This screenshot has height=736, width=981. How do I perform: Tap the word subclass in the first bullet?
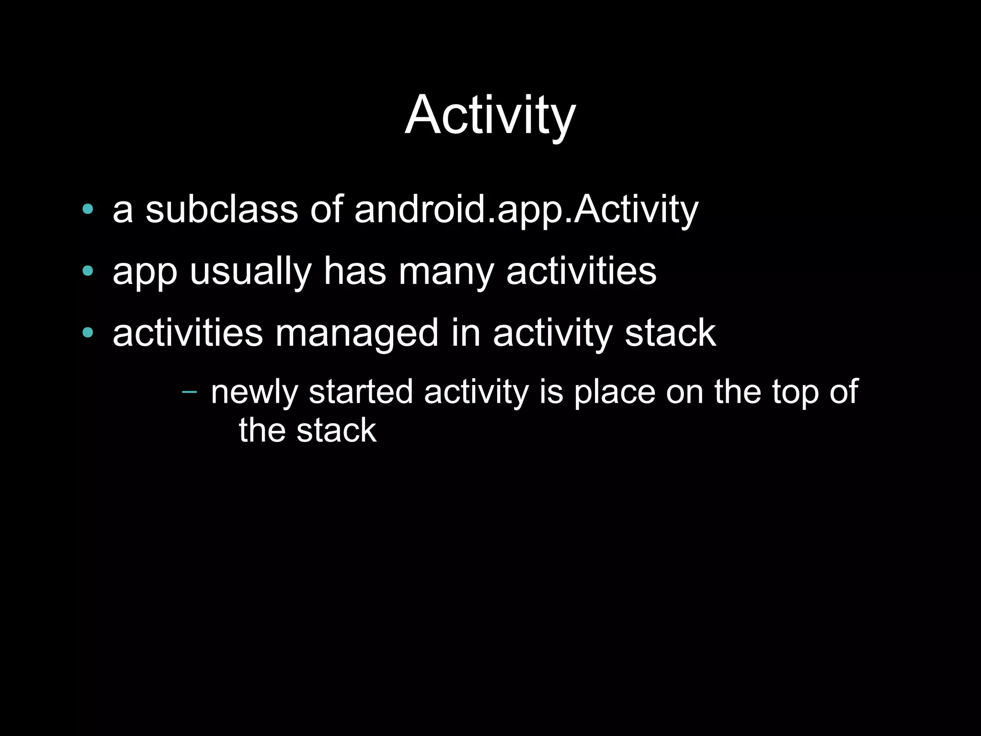[222, 209]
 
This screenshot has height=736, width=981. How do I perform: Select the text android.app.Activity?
[526, 210]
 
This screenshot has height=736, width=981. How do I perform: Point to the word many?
[446, 272]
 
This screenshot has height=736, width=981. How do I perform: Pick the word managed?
[356, 334]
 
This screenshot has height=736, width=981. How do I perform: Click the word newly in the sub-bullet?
[253, 392]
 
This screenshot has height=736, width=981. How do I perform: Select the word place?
[615, 392]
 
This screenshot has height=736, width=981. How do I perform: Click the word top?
[794, 392]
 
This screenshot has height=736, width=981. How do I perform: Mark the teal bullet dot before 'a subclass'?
[87, 209]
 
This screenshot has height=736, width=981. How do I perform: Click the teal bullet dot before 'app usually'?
[87, 271]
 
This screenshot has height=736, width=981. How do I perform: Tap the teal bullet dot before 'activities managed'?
[87, 332]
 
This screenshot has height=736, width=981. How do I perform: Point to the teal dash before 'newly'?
[190, 392]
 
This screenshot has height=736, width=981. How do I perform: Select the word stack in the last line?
[336, 430]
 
